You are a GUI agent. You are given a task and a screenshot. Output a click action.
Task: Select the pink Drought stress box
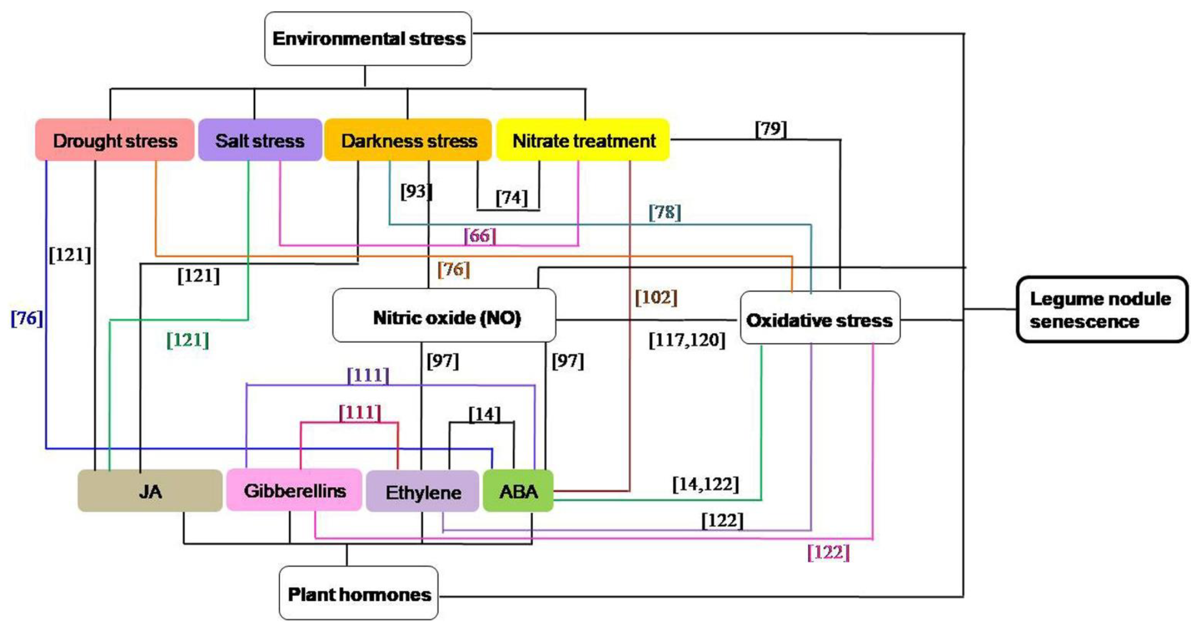[115, 140]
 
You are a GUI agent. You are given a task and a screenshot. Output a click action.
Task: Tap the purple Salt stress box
[260, 140]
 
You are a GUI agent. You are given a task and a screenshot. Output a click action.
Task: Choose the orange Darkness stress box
[408, 140]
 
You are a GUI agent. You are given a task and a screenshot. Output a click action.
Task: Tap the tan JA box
[150, 491]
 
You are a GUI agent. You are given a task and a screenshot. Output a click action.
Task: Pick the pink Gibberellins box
[294, 491]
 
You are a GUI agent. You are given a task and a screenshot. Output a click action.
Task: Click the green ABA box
[518, 491]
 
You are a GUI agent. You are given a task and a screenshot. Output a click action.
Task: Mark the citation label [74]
[512, 197]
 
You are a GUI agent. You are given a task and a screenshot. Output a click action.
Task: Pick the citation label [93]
[416, 191]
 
